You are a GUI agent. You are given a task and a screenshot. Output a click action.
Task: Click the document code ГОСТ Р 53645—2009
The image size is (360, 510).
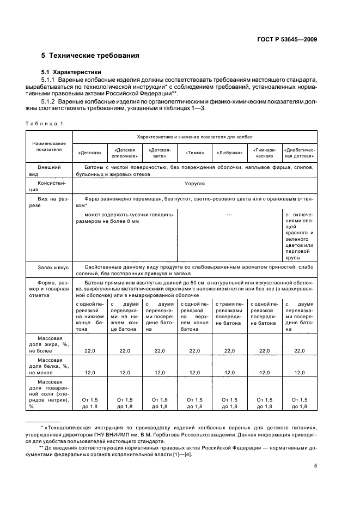287,39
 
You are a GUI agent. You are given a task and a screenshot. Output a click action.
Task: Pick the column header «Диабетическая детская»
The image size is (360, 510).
299,152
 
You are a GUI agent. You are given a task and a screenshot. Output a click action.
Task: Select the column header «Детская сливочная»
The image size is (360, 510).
124,152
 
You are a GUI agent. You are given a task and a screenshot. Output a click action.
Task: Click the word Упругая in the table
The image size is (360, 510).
194,184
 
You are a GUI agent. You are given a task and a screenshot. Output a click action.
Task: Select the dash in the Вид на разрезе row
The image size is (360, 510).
229,215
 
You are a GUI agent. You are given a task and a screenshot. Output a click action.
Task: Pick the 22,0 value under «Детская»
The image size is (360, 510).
89,351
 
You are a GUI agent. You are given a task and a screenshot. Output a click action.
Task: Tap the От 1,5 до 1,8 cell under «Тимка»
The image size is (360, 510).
194,403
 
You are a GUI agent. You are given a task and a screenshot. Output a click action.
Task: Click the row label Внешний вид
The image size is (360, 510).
49,170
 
